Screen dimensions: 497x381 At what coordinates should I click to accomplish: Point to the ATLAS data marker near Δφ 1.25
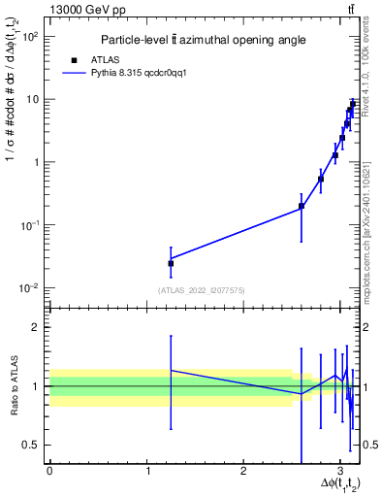[x=171, y=263]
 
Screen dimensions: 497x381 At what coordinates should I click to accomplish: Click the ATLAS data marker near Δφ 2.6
[x=302, y=206]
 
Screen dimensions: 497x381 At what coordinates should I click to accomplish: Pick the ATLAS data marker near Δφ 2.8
[x=321, y=179]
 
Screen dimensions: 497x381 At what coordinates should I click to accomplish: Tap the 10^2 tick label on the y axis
[x=30, y=36]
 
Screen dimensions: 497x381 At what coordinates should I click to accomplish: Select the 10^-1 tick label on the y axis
[x=30, y=225]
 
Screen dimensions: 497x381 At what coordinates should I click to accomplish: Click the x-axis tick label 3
[x=339, y=472]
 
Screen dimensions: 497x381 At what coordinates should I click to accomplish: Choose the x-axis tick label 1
[x=146, y=472]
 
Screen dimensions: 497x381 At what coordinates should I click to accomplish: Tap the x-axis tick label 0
[x=49, y=472]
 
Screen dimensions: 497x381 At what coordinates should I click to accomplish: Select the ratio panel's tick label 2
[x=37, y=328]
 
